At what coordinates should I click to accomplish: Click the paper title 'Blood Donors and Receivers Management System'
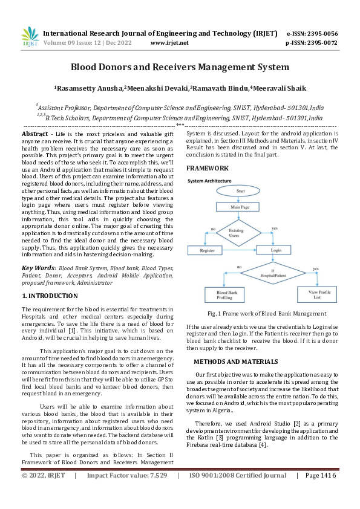(x=180, y=67)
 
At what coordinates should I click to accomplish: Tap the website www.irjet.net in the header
(x=169, y=43)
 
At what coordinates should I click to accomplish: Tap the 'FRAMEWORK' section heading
(x=207, y=167)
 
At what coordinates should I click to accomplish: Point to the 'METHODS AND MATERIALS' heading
(x=235, y=361)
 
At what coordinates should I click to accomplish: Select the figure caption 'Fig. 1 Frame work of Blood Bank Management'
(x=267, y=314)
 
